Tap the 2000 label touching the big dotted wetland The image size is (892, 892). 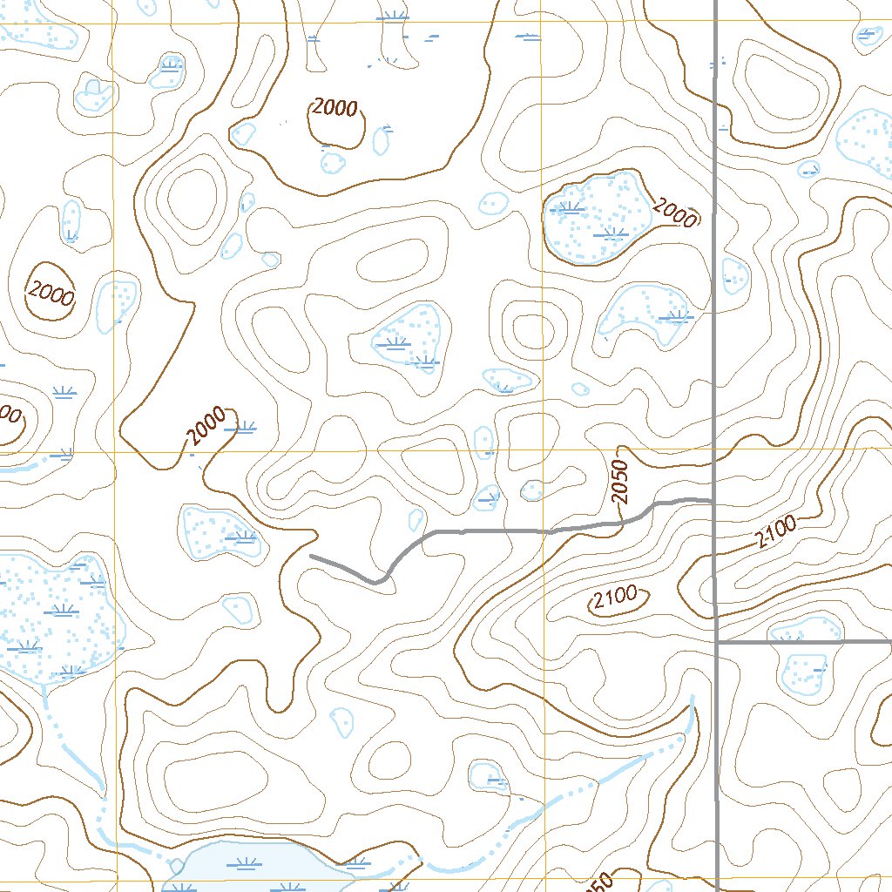click(x=674, y=212)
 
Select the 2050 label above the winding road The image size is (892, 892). click(x=619, y=482)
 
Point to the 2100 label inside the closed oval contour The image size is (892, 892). click(x=615, y=598)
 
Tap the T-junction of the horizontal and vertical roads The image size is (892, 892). click(x=716, y=642)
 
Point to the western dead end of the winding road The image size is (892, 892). click(x=311, y=555)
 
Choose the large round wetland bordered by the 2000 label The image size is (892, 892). click(x=598, y=218)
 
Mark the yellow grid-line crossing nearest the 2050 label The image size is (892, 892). click(x=543, y=451)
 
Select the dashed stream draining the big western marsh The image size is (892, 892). click(x=74, y=749)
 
